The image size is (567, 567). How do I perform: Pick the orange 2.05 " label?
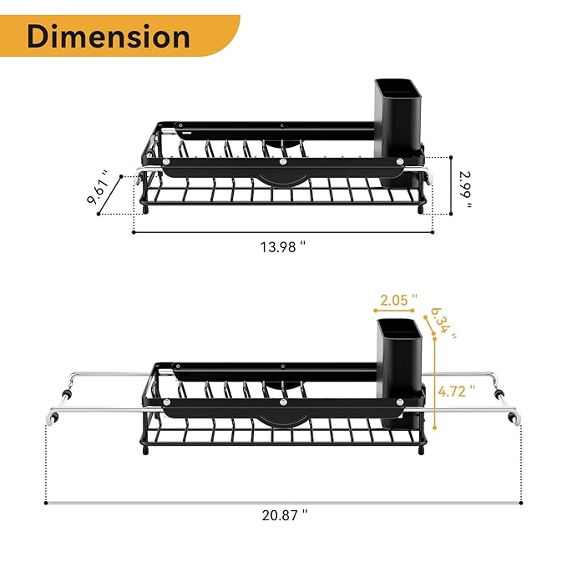click(x=398, y=299)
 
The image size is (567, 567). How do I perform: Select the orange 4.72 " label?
click(x=456, y=389)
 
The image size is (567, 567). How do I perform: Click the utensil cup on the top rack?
click(x=399, y=129)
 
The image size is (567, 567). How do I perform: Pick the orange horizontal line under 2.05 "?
click(x=398, y=310)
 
